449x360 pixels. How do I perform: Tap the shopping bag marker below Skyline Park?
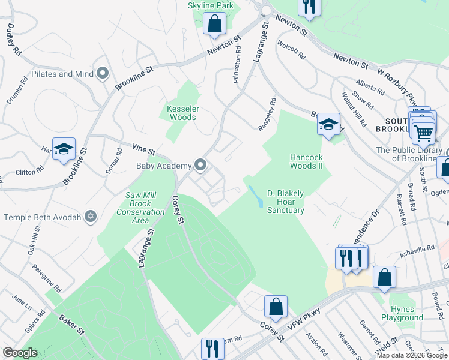click(214, 24)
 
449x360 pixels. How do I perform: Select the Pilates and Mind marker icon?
click(102, 74)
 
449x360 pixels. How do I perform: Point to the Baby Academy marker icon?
click(200, 165)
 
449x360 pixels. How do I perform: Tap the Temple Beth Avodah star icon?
click(91, 217)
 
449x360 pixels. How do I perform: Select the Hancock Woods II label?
click(307, 161)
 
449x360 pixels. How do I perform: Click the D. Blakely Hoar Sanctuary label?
click(285, 202)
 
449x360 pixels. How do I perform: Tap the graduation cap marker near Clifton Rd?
click(64, 150)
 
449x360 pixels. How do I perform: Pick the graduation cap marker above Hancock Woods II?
click(328, 125)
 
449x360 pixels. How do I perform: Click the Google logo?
click(20, 353)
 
